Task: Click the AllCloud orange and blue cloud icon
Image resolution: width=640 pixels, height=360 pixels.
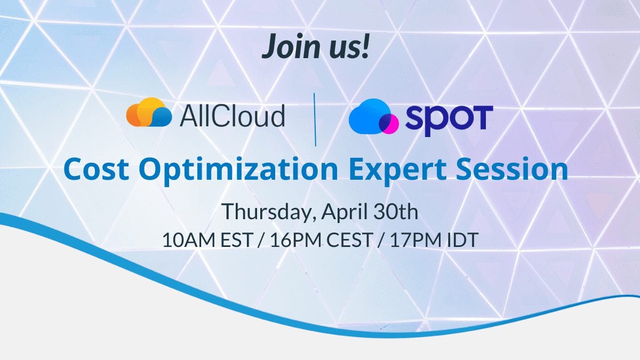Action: tap(149, 112)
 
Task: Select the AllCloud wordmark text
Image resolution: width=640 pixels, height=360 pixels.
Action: tap(233, 115)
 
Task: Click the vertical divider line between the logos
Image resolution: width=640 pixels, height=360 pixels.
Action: tap(315, 119)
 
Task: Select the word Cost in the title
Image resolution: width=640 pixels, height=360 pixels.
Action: tap(96, 169)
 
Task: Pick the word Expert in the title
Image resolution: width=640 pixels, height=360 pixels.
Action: tap(398, 171)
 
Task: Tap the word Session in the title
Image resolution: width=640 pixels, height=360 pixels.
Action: tap(512, 169)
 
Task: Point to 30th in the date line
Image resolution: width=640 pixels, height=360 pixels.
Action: tap(395, 211)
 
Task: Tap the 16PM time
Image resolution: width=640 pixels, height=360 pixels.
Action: tap(297, 239)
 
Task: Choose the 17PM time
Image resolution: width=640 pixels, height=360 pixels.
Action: tap(416, 239)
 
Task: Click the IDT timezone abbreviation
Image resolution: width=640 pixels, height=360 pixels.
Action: tap(462, 239)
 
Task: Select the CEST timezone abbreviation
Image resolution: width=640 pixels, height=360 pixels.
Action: tap(349, 239)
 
